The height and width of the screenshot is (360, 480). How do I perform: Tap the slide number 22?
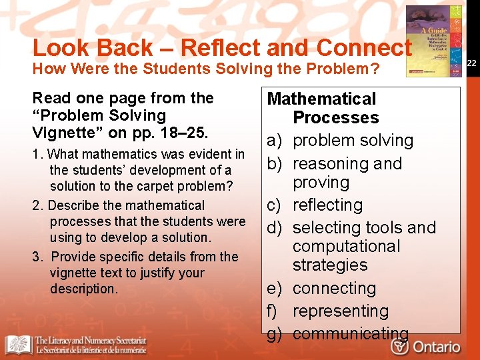[x=471, y=63]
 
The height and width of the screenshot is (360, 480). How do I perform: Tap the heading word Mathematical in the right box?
[x=321, y=99]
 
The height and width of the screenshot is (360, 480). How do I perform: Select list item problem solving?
[x=353, y=141]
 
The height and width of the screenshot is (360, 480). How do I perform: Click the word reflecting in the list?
[x=327, y=205]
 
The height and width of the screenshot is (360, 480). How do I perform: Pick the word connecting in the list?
[x=334, y=289]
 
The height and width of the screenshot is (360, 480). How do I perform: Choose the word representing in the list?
[x=340, y=311]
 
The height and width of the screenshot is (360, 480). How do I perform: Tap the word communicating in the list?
[x=351, y=333]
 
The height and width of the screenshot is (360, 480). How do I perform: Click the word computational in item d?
[x=346, y=247]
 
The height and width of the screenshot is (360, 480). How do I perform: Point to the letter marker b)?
[x=275, y=164]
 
